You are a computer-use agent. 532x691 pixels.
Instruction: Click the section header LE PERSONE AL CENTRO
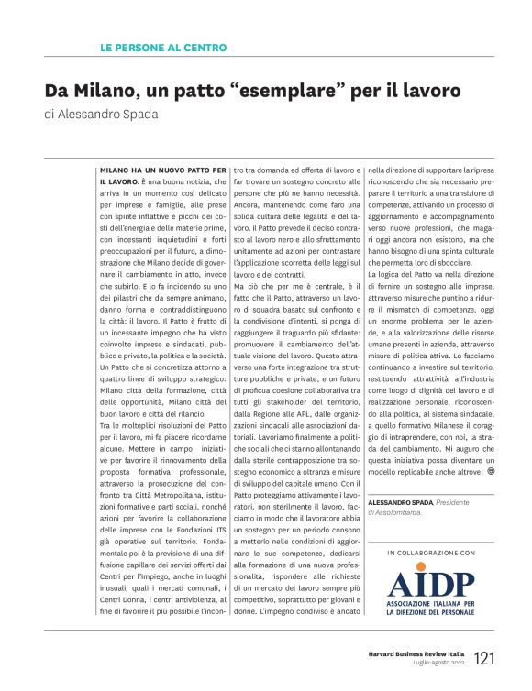[x=162, y=48]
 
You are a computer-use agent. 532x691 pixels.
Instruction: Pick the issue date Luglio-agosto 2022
[x=438, y=663]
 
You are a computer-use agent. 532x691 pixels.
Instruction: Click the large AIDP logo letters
[x=431, y=584]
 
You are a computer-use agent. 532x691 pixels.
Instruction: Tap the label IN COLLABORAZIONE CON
[x=431, y=554]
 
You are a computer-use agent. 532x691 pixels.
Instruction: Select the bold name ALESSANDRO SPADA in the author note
[x=400, y=503]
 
